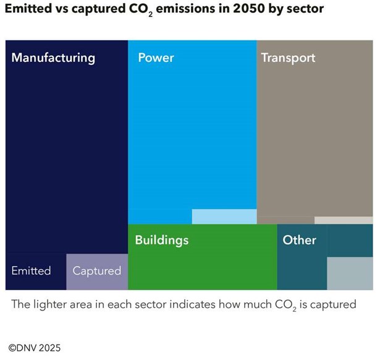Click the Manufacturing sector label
[x=53, y=58]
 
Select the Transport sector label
[x=288, y=58]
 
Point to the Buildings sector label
[x=162, y=240]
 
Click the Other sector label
[x=299, y=240]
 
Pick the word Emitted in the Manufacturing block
[x=31, y=271]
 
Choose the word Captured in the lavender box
[x=97, y=271]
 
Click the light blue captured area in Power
[x=224, y=216]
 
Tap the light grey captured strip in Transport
[x=344, y=220]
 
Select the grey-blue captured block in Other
[x=350, y=273]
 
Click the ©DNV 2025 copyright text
[x=35, y=348]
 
